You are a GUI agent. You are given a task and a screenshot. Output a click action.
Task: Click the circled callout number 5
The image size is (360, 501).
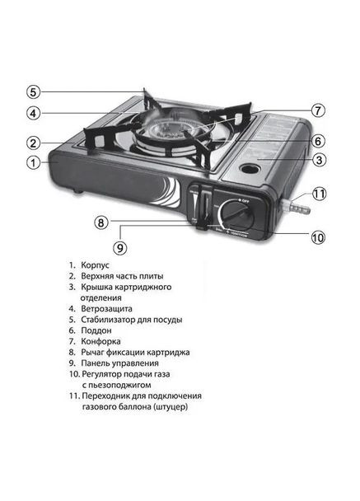[32, 91]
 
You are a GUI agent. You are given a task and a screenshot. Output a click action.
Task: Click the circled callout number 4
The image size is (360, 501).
[32, 114]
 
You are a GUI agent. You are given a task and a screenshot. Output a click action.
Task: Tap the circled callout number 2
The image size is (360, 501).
[32, 141]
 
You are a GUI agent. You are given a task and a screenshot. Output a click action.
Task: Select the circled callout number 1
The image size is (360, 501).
[32, 162]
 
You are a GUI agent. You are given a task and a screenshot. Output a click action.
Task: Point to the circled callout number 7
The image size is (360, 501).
[319, 110]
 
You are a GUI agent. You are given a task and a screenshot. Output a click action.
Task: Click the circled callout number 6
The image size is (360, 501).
[319, 140]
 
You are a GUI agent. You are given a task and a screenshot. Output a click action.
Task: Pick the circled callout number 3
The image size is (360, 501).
[319, 160]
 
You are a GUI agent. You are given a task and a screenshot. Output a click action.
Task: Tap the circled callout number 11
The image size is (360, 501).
[320, 195]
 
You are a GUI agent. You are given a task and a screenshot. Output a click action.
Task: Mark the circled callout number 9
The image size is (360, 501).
[120, 246]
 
